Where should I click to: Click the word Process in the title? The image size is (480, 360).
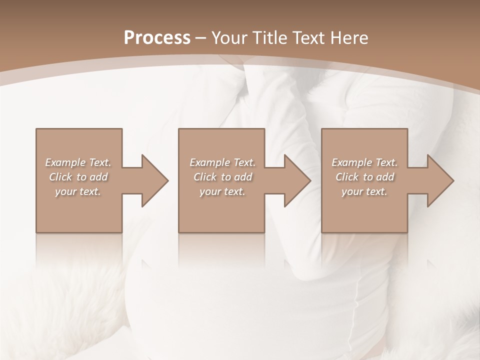click(x=157, y=38)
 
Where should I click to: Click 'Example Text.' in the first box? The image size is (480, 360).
click(x=78, y=162)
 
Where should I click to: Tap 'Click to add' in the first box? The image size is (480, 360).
click(x=78, y=177)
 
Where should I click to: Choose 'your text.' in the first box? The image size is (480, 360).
click(x=78, y=191)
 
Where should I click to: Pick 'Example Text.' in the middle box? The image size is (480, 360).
click(x=222, y=162)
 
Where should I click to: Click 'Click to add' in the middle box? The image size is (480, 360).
click(x=222, y=177)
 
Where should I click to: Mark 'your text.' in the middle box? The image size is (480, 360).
click(x=222, y=191)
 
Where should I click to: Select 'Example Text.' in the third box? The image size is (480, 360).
click(x=364, y=162)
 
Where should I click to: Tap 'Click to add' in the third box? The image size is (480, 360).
click(x=364, y=177)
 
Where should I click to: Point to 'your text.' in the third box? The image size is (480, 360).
click(x=364, y=191)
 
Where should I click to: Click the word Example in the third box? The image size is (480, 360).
click(x=352, y=162)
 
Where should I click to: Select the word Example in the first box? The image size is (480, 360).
click(x=65, y=162)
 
